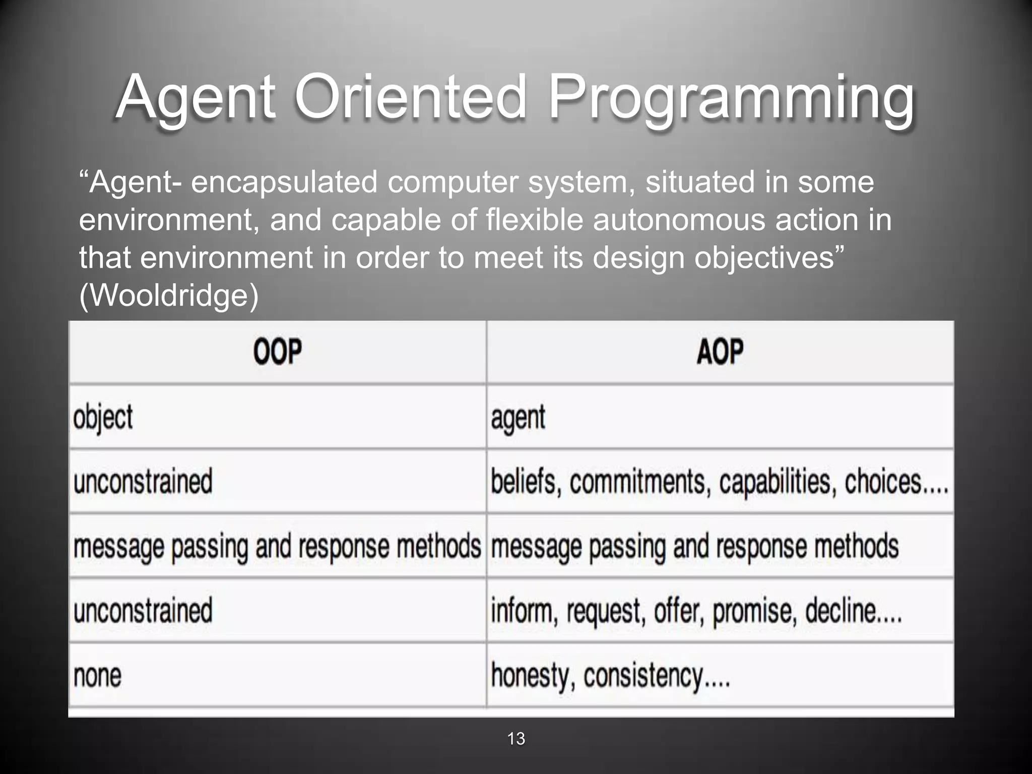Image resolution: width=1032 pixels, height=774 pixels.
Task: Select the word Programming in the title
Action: (x=731, y=98)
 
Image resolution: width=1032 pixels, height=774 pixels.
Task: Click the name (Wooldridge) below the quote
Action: (x=169, y=296)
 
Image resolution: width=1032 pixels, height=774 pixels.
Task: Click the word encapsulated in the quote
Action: (x=284, y=182)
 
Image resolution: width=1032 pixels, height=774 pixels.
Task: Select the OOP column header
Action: (x=278, y=352)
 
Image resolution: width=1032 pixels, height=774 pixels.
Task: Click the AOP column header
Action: (x=720, y=352)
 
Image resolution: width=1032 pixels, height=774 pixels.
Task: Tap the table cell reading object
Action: (x=103, y=418)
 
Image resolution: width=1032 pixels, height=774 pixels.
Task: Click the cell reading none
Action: (x=98, y=676)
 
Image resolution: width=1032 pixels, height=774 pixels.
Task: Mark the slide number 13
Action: (x=516, y=739)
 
